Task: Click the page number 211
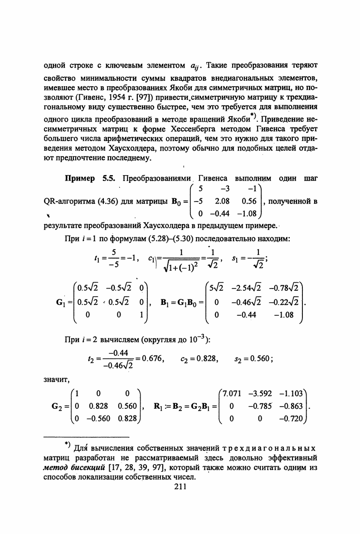[180, 488]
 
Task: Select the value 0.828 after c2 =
[209, 358]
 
